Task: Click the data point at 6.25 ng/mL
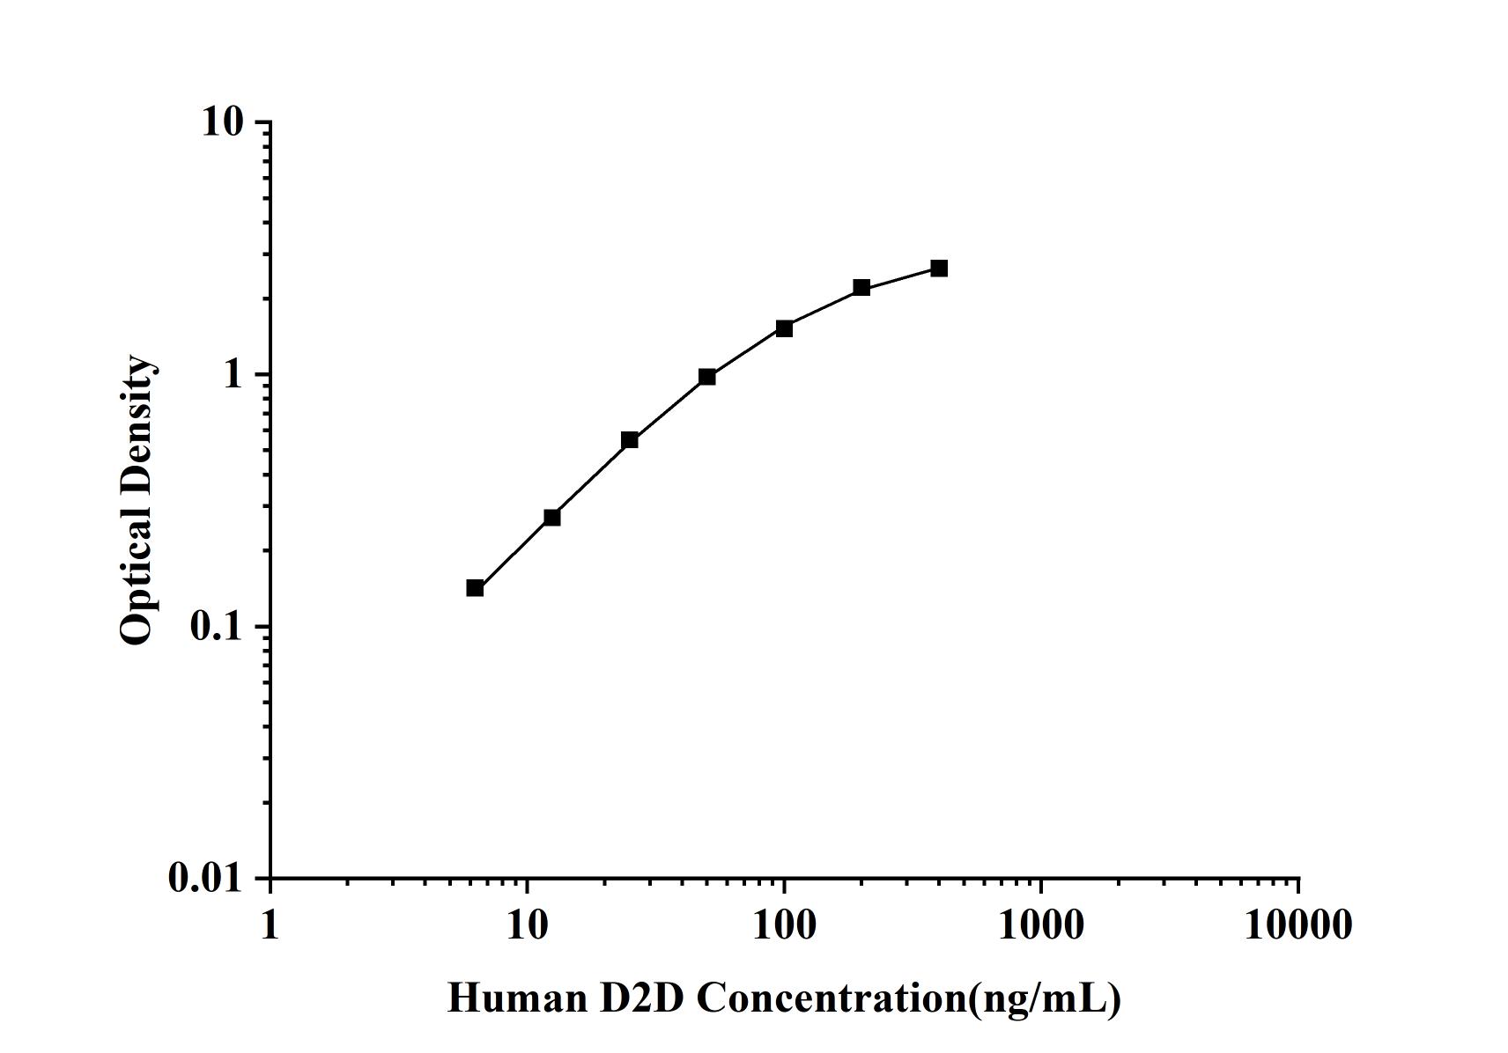coord(475,587)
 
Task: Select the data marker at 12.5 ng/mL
coord(552,517)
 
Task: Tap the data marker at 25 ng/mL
coord(630,439)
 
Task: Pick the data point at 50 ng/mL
coord(707,377)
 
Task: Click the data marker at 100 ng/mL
coord(784,328)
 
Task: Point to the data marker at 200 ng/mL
coord(861,287)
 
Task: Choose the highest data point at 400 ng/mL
coord(939,268)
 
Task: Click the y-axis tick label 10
coord(221,121)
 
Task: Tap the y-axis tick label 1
coord(233,374)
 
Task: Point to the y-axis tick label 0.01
coord(204,878)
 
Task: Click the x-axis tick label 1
coord(270,924)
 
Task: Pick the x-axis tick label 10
coord(527,924)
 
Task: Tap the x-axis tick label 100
coord(784,924)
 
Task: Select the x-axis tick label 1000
coord(1041,924)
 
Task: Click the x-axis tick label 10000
coord(1298,924)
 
